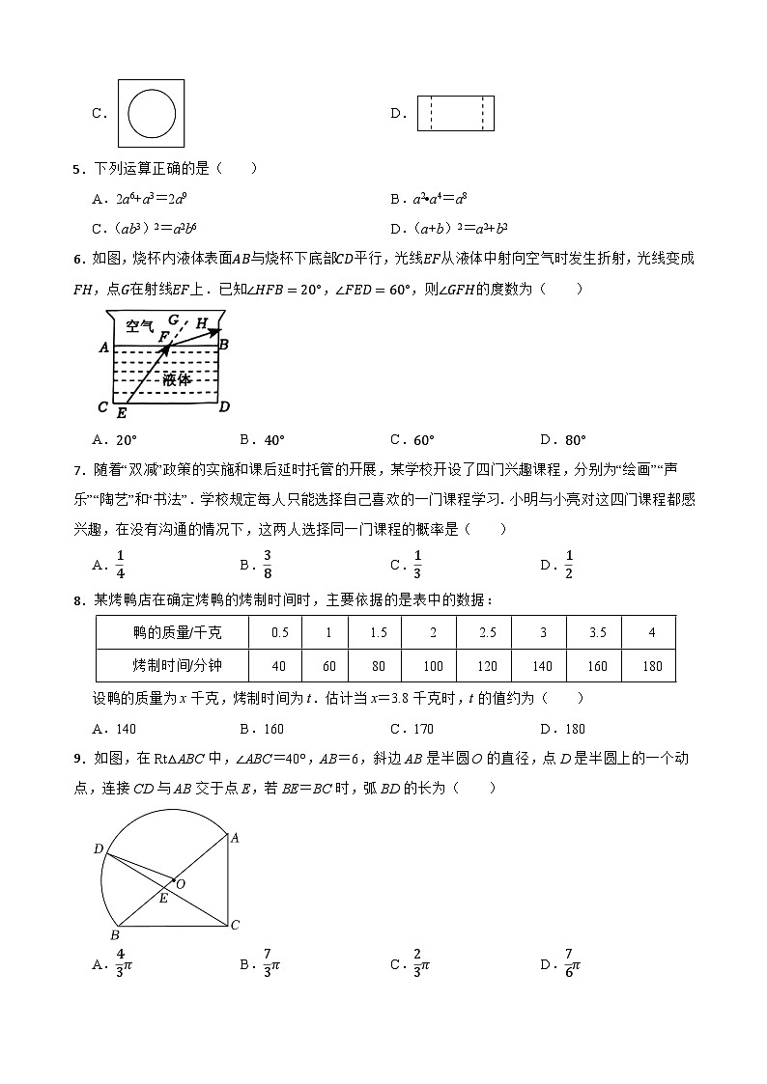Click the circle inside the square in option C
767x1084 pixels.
[x=153, y=113]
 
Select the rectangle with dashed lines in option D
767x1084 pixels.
[x=455, y=113]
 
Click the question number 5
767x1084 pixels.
[x=77, y=169]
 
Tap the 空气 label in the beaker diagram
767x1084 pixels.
[x=140, y=328]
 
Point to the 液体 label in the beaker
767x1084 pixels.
[x=176, y=379]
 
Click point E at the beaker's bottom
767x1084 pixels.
[x=121, y=413]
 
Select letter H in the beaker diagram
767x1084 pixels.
[x=201, y=323]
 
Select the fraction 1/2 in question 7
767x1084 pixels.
[x=569, y=565]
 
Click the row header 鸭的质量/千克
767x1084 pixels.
[x=172, y=632]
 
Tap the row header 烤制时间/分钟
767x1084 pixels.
[x=172, y=666]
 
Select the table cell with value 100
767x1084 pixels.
[x=433, y=666]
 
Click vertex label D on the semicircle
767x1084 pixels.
[x=98, y=848]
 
